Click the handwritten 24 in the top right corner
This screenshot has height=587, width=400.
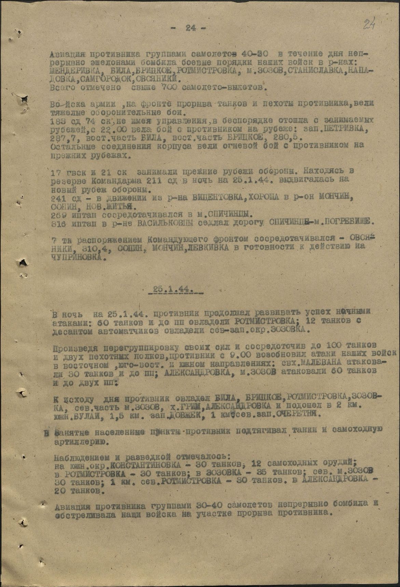(368, 25)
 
